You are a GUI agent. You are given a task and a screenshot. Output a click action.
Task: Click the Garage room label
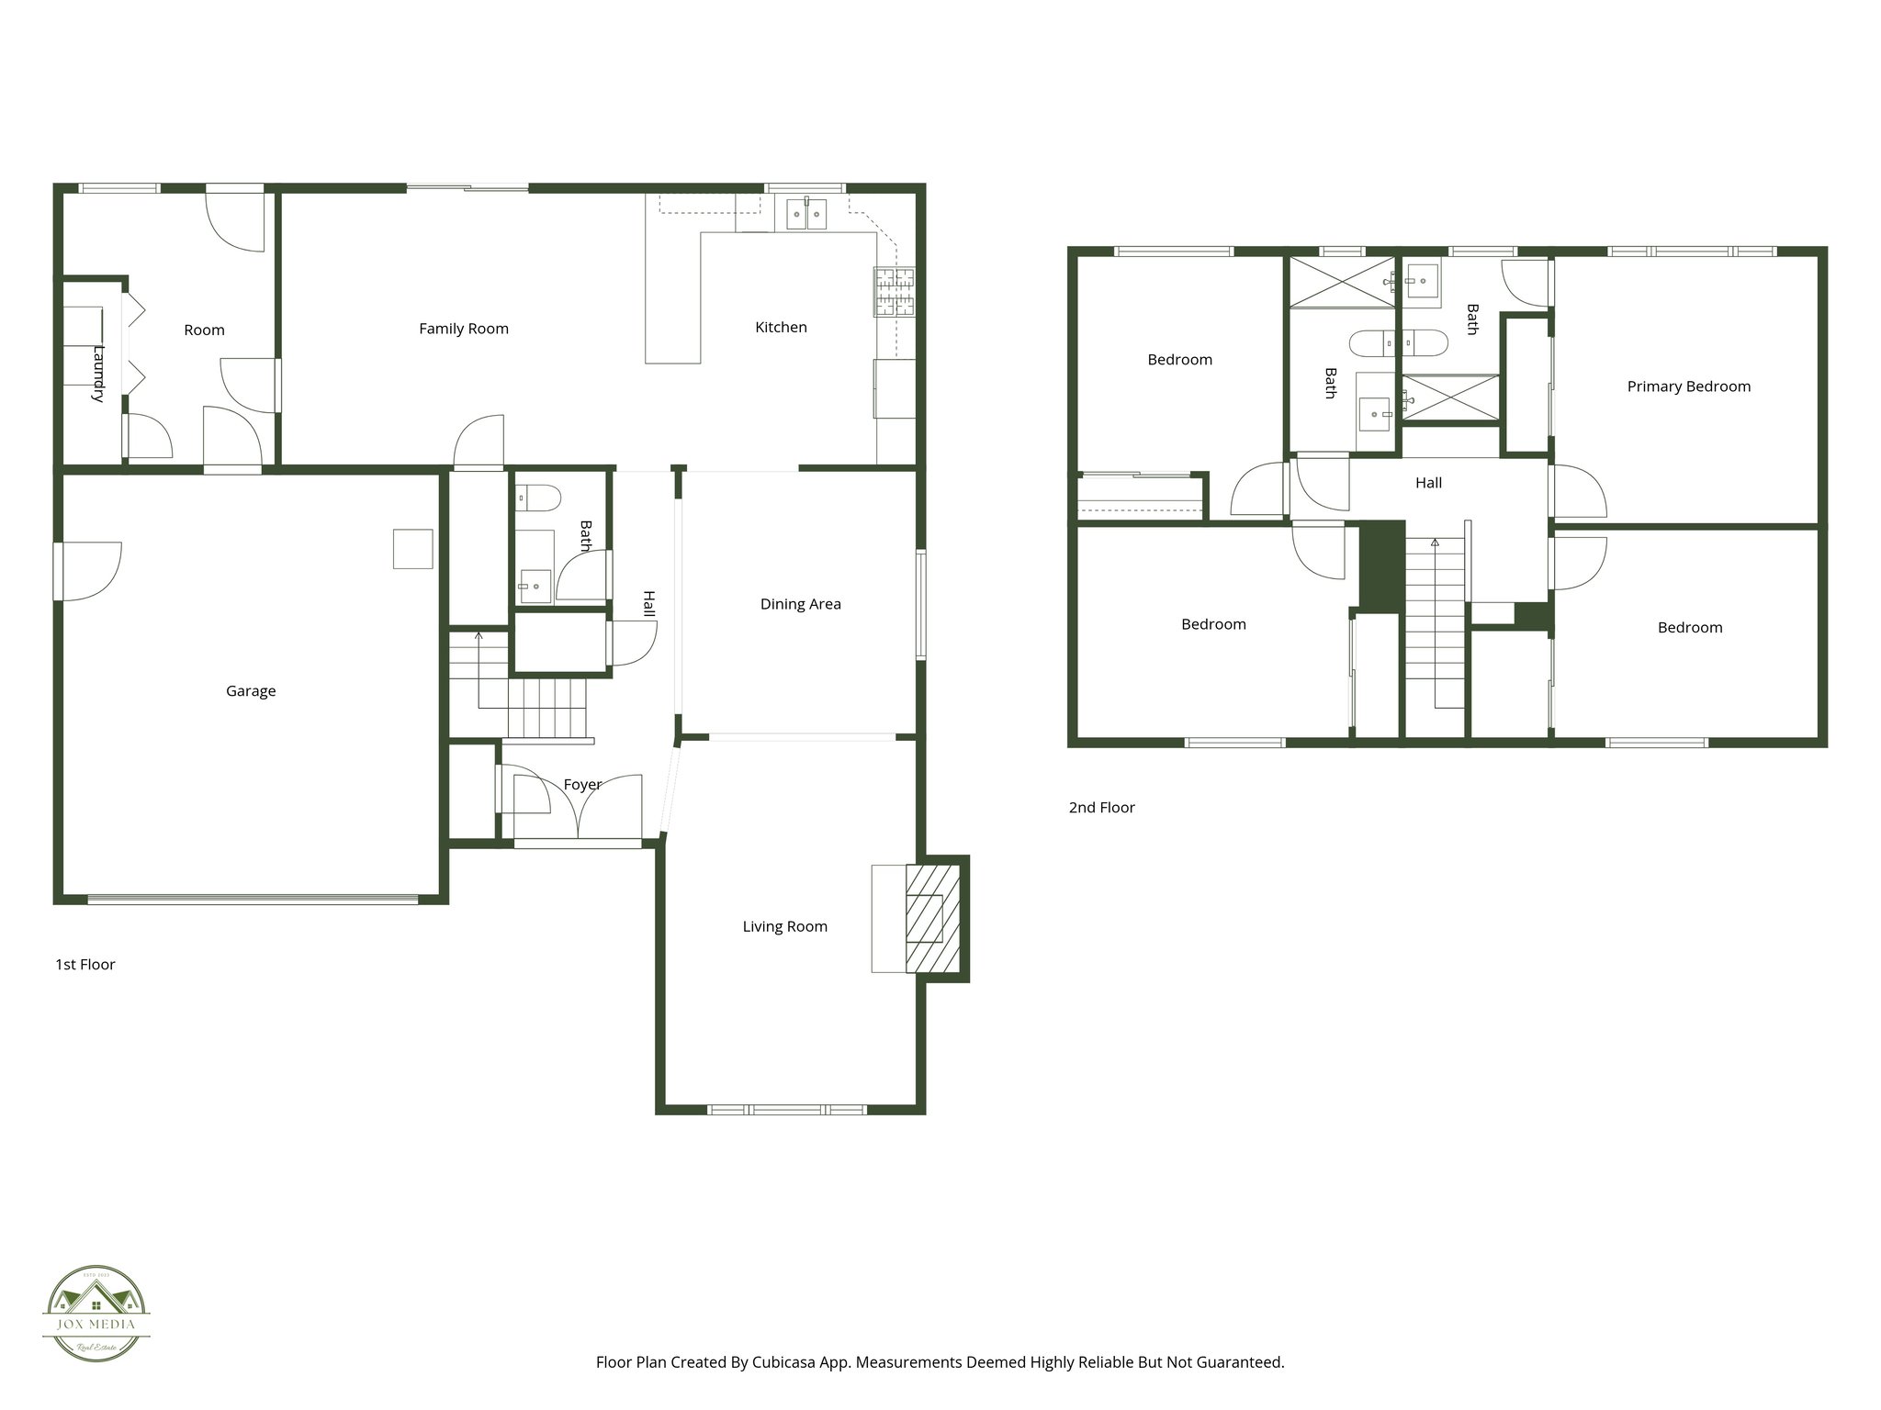pyautogui.click(x=251, y=691)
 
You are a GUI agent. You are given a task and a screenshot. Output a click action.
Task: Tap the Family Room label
pyautogui.click(x=464, y=329)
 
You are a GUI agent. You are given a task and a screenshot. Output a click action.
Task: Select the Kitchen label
pyautogui.click(x=781, y=328)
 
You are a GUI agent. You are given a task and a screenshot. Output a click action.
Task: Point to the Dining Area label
pyautogui.click(x=800, y=604)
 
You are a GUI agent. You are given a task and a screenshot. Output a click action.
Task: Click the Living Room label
pyautogui.click(x=784, y=927)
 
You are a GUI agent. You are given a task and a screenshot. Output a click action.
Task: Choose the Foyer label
pyautogui.click(x=582, y=785)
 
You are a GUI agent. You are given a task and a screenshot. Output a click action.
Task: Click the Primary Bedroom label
pyautogui.click(x=1688, y=386)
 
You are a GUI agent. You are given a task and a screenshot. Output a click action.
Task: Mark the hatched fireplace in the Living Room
pyautogui.click(x=932, y=917)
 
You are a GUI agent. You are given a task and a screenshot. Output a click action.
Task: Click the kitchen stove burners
pyautogui.click(x=894, y=292)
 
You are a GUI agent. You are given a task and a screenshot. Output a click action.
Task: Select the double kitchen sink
pyautogui.click(x=805, y=214)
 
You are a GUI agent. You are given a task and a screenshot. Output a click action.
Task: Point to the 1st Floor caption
pyautogui.click(x=85, y=965)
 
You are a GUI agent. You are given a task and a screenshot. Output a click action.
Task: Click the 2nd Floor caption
pyautogui.click(x=1101, y=808)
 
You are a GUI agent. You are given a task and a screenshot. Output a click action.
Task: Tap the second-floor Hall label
pyautogui.click(x=1428, y=483)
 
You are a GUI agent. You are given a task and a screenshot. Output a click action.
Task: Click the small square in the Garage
pyautogui.click(x=412, y=548)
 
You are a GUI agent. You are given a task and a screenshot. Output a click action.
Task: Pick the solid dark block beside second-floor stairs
pyautogui.click(x=1381, y=565)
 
